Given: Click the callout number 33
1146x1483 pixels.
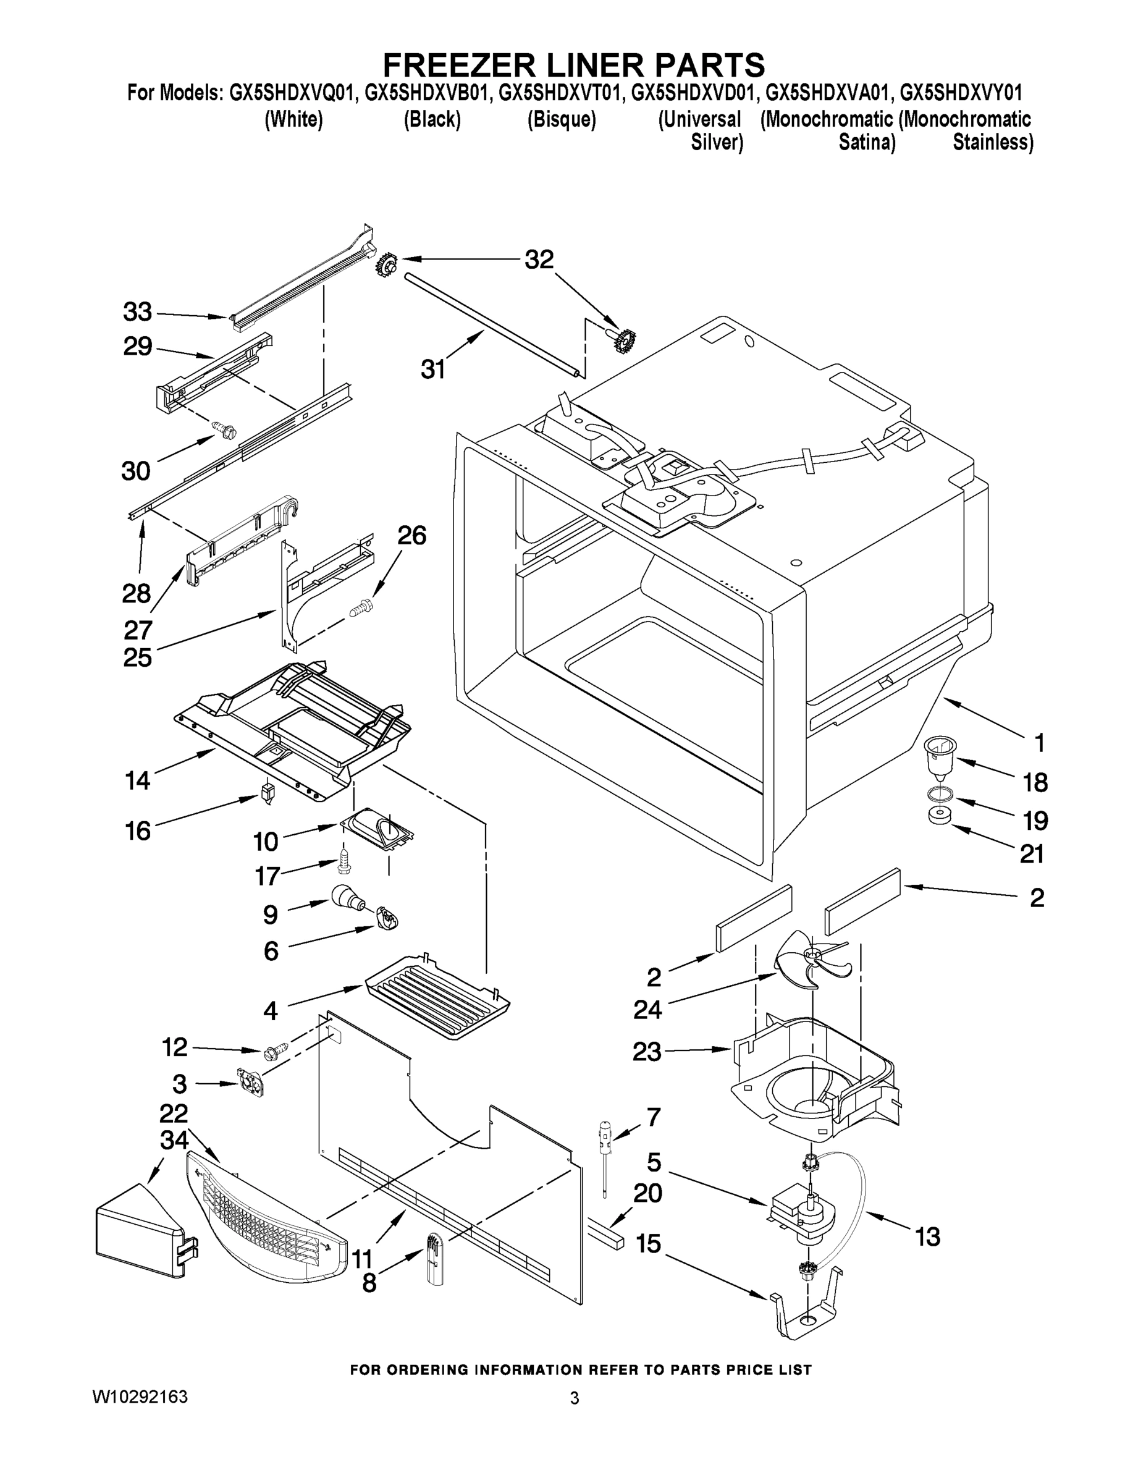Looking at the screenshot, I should [x=137, y=312].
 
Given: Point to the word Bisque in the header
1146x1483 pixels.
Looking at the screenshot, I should [x=562, y=119].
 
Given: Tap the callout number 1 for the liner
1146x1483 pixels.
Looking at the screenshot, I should [x=1039, y=743].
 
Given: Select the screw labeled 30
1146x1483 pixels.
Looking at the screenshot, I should [x=224, y=428].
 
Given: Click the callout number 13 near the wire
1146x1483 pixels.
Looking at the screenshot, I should [x=927, y=1236].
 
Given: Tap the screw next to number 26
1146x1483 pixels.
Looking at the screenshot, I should [x=359, y=606].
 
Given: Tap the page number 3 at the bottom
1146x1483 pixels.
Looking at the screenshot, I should [x=575, y=1398].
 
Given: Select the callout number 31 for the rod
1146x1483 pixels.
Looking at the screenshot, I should [x=432, y=370].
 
